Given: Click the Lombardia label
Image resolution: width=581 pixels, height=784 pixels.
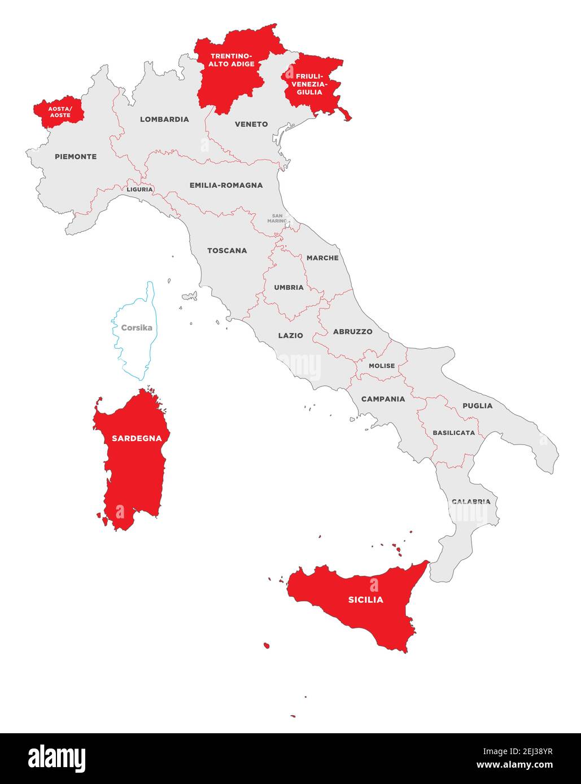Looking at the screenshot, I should point(164,119).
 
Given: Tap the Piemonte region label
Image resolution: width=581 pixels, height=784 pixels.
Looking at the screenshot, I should point(76,156).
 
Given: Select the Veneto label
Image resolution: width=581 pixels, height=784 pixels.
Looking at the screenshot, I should point(251,124).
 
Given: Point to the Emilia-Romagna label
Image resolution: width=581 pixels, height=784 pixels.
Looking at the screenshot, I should point(226,185).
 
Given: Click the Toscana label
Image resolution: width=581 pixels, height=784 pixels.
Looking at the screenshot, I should point(227,250).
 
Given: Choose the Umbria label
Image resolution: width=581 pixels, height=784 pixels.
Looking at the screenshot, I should point(289,287).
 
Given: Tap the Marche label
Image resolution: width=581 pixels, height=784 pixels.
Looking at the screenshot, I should point(322,258).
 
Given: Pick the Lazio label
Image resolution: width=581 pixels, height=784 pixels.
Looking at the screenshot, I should point(290,335).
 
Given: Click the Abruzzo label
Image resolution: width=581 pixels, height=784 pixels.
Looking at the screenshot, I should point(352,332).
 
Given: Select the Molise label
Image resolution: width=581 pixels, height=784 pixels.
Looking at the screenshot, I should point(382,365).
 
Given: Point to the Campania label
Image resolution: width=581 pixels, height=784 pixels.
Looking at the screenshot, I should point(383,399).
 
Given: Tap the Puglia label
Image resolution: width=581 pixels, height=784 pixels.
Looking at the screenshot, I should point(477,406).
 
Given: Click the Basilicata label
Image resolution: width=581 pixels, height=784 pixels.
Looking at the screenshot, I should point(453,433).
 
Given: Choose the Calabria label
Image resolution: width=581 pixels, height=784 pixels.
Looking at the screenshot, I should point(470,501).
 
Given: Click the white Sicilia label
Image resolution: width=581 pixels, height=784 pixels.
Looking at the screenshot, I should point(365,600).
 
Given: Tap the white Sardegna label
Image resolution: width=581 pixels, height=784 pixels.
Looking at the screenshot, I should point(137,438).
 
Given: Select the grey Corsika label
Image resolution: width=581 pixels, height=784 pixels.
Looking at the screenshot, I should point(137,327).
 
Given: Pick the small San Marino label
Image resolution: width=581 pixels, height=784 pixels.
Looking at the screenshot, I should point(277,218).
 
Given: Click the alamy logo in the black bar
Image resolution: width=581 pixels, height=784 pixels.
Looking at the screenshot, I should point(57,759).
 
